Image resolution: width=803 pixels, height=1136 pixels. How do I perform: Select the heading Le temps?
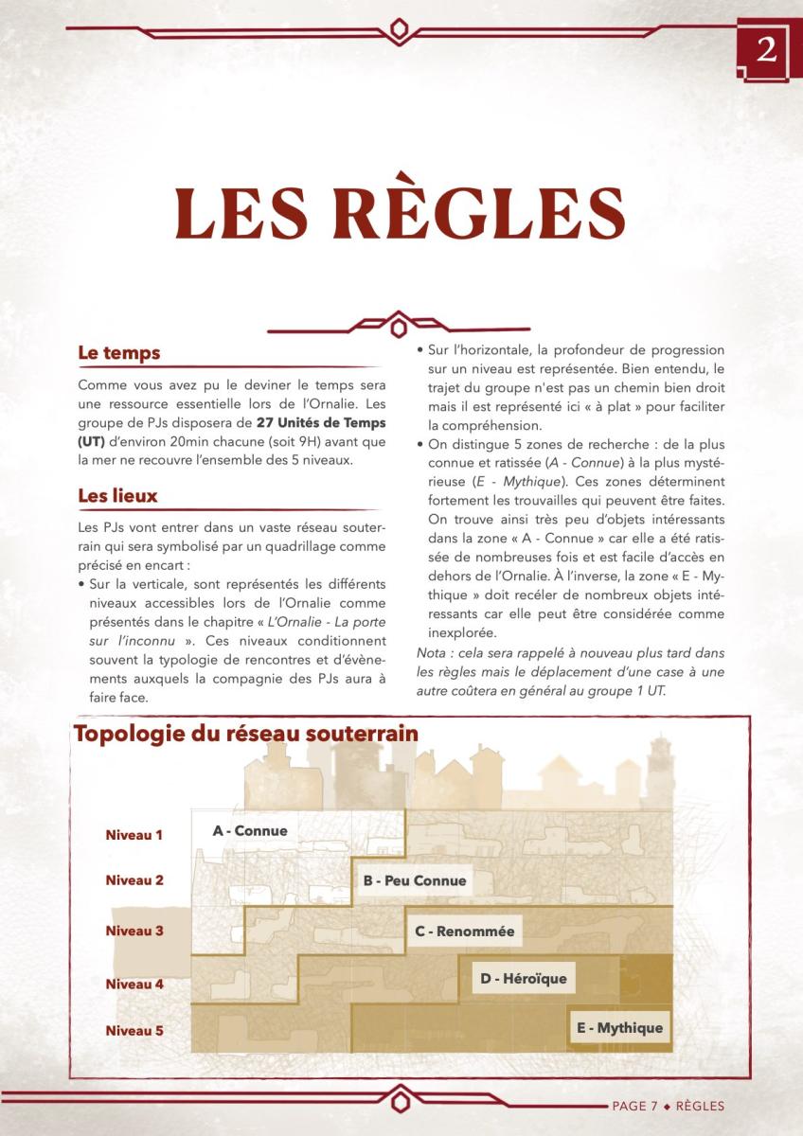[x=118, y=353]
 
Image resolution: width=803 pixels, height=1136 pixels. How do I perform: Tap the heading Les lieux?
[x=117, y=495]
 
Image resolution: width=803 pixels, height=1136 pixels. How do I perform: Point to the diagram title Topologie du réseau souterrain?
[x=232, y=734]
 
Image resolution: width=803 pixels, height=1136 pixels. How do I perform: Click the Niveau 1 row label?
[x=134, y=835]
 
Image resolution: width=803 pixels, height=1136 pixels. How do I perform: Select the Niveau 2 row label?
[x=134, y=880]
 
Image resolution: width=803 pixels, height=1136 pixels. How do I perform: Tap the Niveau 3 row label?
[x=134, y=931]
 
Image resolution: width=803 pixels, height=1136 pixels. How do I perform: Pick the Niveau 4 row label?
[x=134, y=985]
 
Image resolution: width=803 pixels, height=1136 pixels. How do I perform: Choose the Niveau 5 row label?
[x=134, y=1030]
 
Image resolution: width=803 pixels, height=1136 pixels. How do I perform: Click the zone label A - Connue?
[x=249, y=831]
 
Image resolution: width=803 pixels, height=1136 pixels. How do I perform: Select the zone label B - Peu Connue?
[x=415, y=880]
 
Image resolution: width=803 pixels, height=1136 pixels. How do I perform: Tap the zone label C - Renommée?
[x=465, y=932]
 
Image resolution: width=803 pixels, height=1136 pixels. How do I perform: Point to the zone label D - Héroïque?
[x=524, y=978]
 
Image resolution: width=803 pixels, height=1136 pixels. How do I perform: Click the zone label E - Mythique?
[x=619, y=1028]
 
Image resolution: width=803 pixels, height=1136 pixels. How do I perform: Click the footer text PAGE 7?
[x=634, y=1106]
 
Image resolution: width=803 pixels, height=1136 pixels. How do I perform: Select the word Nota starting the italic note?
[x=432, y=654]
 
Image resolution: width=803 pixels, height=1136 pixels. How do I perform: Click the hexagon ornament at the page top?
[x=402, y=30]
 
